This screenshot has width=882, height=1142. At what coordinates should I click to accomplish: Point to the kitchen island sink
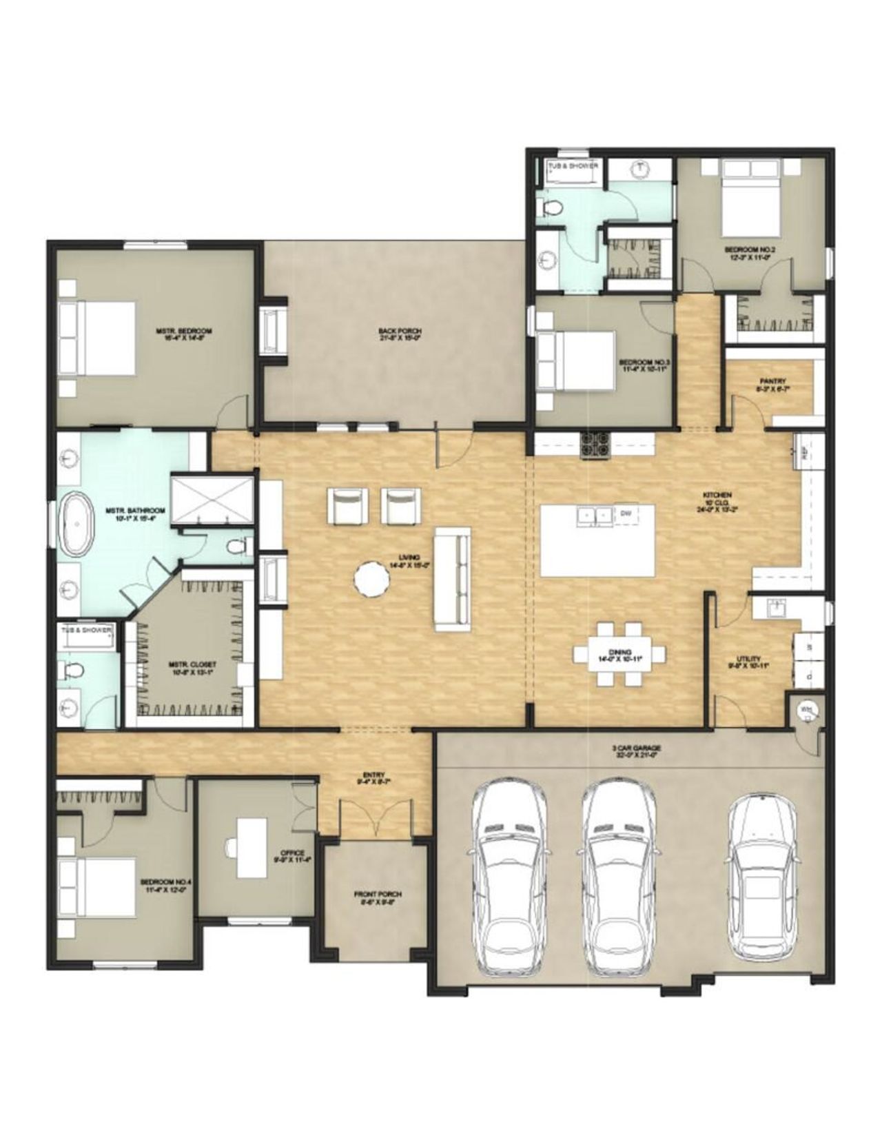coord(593,515)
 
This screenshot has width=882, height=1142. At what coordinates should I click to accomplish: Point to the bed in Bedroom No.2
coord(752,200)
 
